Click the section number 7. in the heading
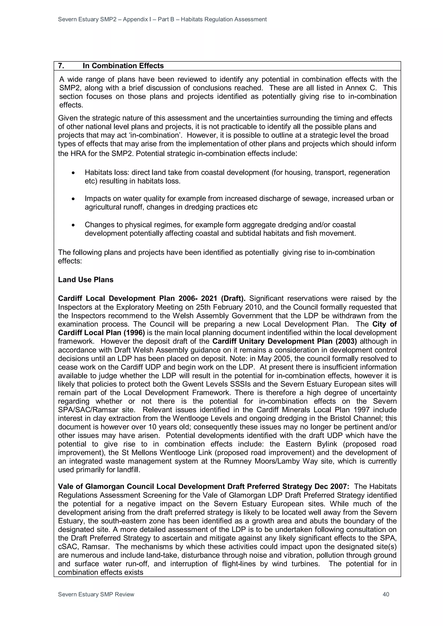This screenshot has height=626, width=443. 61,66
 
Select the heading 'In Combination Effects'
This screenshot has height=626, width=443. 123,66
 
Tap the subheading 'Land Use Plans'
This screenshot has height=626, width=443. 86,280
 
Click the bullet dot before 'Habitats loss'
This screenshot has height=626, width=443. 73,173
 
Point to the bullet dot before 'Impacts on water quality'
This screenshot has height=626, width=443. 73,199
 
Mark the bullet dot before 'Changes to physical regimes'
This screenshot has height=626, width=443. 73,225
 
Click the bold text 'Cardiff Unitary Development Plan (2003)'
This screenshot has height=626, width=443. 284,341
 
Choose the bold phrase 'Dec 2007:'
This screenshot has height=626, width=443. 332,486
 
